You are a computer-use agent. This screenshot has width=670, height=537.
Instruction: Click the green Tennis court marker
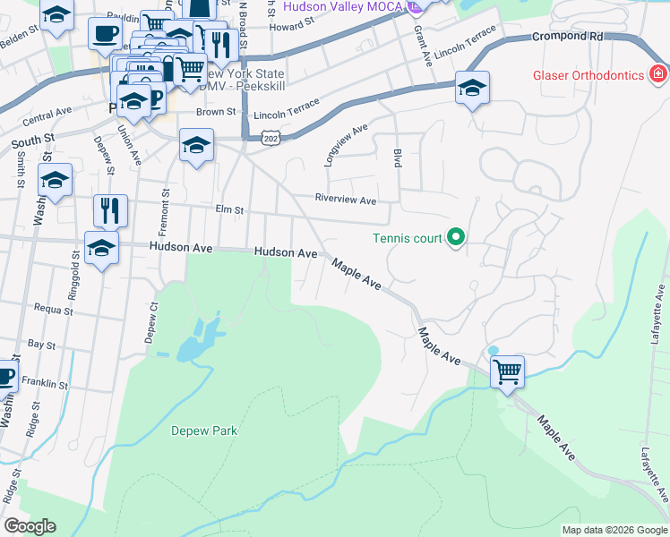pyautogui.click(x=456, y=237)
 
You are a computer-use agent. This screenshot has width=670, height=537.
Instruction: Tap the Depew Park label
pyautogui.click(x=204, y=430)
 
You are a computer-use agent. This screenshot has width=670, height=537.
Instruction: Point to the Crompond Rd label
pyautogui.click(x=567, y=37)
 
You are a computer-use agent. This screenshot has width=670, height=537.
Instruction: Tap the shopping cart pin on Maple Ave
pyautogui.click(x=508, y=370)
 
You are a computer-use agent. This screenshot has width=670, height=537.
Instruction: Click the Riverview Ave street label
pyautogui.click(x=345, y=200)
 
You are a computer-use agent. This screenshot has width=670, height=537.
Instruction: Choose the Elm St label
pyautogui.click(x=230, y=210)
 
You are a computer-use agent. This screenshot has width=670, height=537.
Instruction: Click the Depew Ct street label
pyautogui.click(x=153, y=319)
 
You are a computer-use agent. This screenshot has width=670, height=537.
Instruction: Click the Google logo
pyautogui.click(x=30, y=526)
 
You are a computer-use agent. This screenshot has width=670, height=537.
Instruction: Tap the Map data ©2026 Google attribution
pyautogui.click(x=614, y=530)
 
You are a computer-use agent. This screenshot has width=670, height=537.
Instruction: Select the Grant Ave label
pyautogui.click(x=420, y=45)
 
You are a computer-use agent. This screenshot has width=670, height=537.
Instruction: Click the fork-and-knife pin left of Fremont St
pyautogui.click(x=110, y=210)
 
